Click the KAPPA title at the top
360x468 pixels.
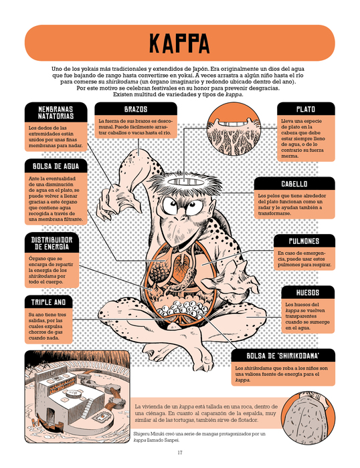(179, 43)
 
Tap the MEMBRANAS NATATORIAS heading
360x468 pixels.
(56, 112)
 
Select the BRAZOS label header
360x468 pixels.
(136, 109)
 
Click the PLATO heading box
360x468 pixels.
(306, 109)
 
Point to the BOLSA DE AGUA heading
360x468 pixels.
(56, 166)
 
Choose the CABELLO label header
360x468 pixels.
(294, 184)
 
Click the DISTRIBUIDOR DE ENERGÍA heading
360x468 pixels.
(52, 243)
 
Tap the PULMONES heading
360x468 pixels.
(304, 241)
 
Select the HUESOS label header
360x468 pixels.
(308, 293)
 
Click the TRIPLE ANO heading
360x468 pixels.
(49, 302)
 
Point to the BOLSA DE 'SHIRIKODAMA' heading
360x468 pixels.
(283, 356)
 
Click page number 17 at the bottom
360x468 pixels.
(180, 453)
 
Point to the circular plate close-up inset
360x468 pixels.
(234, 128)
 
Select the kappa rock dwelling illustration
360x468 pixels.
(78, 396)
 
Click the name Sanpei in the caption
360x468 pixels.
(172, 440)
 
